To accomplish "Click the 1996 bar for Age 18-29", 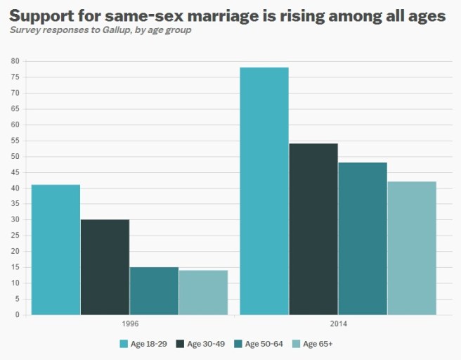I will click(56, 250).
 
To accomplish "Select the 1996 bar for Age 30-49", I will click(105, 267).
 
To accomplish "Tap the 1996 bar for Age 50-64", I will click(154, 291).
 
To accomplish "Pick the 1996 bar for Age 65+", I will click(203, 292).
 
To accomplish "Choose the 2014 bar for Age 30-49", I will click(313, 229).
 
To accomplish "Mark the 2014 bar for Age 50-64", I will click(363, 238).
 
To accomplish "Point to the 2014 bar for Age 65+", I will click(412, 248).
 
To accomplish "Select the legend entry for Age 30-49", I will click(205, 344).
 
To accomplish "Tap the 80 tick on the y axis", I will click(15, 61).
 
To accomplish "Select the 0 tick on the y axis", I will click(17, 315).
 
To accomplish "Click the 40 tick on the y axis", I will click(15, 188).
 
